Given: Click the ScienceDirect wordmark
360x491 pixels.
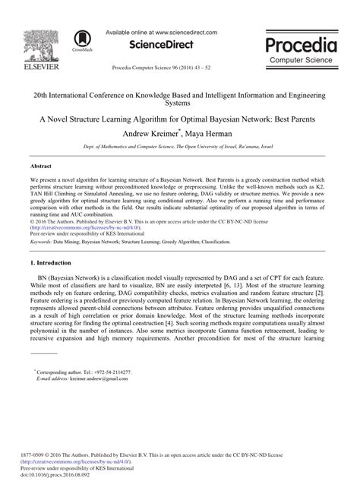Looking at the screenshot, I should point(161,45).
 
